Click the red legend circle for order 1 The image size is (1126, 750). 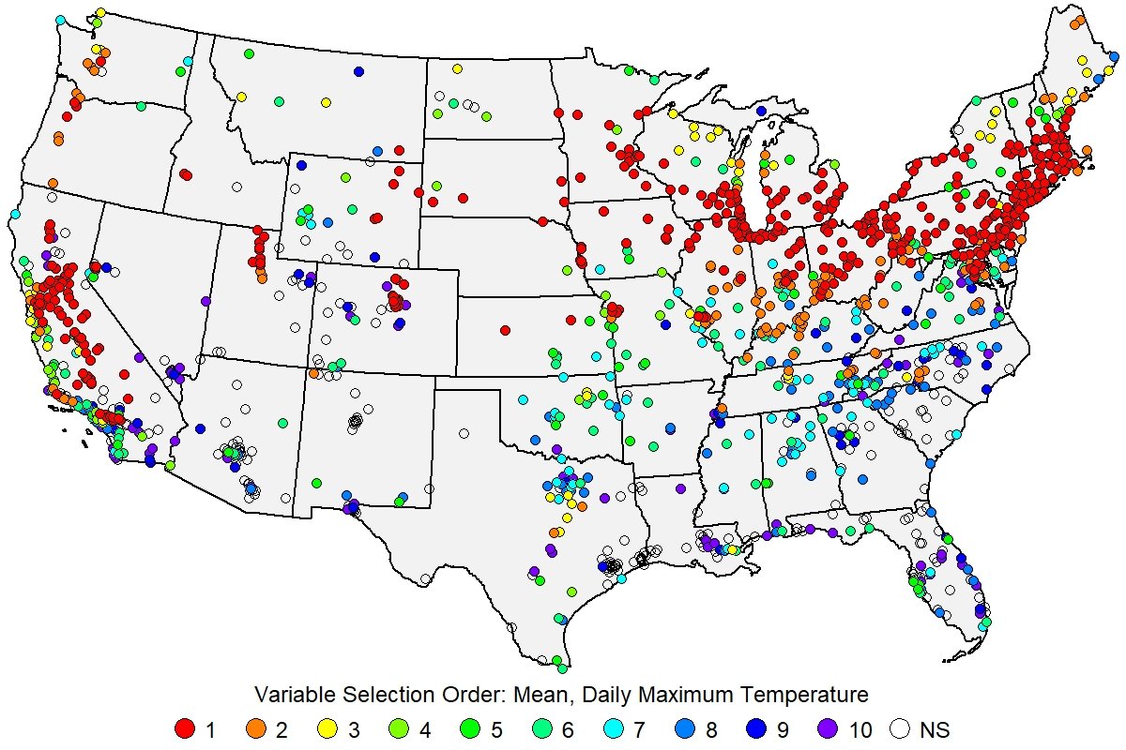coord(185,728)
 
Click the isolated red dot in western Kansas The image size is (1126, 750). coord(505,330)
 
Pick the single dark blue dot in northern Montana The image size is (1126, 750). coord(358,71)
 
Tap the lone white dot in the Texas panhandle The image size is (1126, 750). coord(464,433)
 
